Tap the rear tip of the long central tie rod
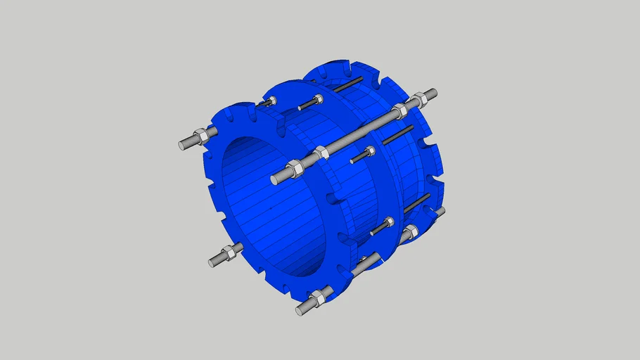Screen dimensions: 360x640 tap(433, 93)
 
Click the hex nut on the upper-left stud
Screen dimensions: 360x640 tap(199, 136)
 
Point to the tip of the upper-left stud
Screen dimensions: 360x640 tap(182, 145)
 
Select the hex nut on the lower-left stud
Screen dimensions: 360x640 tap(228, 253)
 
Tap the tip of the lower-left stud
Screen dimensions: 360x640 tap(212, 262)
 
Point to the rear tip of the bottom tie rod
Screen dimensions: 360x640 tap(440, 211)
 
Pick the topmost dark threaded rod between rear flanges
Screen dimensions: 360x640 tap(349, 86)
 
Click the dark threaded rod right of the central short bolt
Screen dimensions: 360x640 tap(397, 134)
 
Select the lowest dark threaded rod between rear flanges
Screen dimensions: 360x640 tap(417, 203)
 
